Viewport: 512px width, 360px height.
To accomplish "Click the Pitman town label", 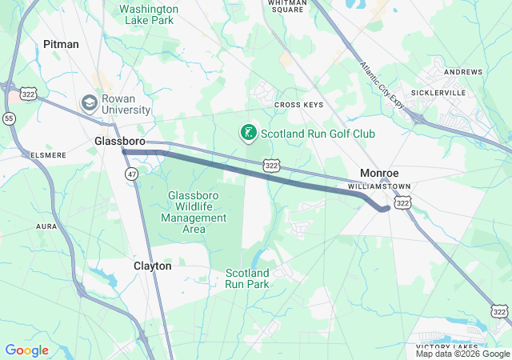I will click(x=62, y=45).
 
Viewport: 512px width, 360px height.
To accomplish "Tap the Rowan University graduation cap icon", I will click(x=88, y=103).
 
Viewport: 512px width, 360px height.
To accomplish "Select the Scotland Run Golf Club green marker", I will click(x=249, y=134).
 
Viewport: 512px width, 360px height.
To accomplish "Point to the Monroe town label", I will click(x=379, y=173).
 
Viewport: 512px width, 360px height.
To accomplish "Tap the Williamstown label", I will click(x=379, y=186).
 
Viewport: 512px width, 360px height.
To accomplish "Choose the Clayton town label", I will click(x=153, y=266).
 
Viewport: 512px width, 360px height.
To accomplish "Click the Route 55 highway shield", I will click(x=9, y=118).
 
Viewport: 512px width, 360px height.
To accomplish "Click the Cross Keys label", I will click(x=298, y=105).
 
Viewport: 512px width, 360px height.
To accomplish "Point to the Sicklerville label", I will click(x=462, y=93).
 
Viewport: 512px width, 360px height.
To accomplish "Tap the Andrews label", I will click(x=463, y=72).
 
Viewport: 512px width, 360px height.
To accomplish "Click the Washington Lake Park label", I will click(x=149, y=14).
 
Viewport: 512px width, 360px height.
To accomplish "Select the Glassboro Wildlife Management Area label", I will click(x=194, y=212).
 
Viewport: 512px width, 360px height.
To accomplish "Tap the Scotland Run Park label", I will click(x=247, y=278).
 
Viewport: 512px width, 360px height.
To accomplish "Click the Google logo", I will click(x=26, y=350).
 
